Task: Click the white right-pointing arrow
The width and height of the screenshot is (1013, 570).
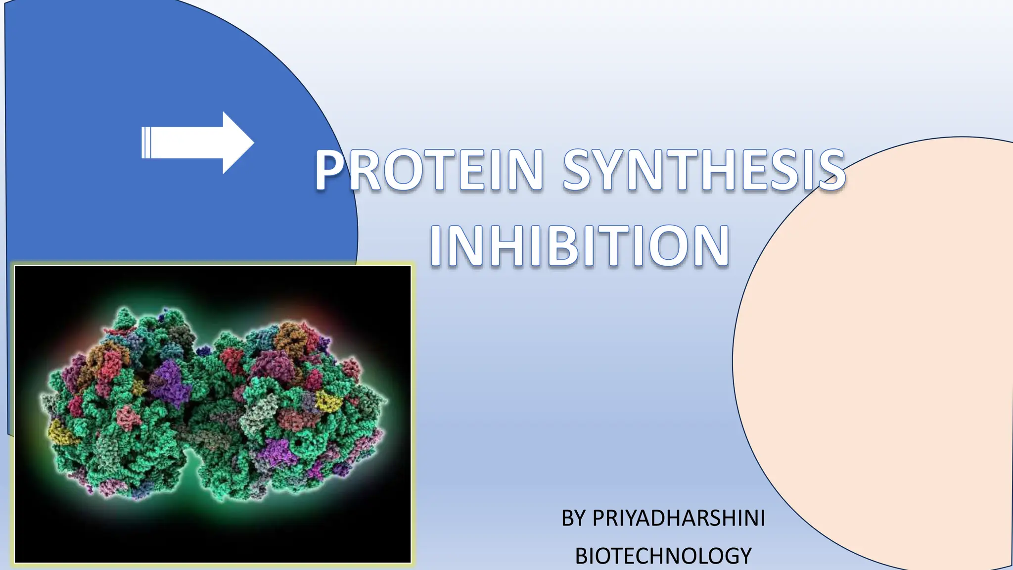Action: point(198,143)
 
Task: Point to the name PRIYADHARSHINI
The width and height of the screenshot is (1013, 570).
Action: point(679,518)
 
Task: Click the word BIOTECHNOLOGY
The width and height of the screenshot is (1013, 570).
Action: point(663,556)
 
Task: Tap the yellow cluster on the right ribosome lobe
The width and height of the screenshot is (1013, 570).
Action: point(326,401)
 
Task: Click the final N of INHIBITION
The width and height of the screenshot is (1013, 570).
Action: point(710,246)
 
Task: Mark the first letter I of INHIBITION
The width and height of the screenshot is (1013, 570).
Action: point(436,246)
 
